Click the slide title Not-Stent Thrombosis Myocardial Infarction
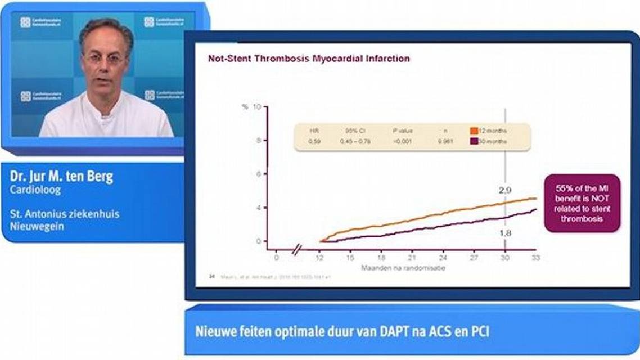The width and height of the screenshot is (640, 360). tap(309, 58)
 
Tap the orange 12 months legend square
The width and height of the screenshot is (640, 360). tap(474, 130)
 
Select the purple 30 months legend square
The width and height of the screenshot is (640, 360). tap(474, 141)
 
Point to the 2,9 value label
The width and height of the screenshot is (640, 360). tap(505, 191)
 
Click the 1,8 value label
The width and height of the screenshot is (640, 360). tap(505, 231)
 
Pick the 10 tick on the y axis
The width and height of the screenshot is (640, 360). tap(256, 106)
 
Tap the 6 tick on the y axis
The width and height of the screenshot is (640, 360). tap(258, 174)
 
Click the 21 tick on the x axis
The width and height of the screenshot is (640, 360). tap(412, 258)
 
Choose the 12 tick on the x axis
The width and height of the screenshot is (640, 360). tap(319, 258)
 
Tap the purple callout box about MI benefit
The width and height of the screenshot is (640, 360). tap(582, 203)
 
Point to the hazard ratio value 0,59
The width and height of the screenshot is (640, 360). tap(314, 141)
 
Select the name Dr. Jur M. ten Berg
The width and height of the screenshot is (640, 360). tap(61, 177)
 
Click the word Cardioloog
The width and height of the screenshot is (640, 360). tap(35, 190)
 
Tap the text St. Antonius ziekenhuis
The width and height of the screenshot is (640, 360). tap(65, 214)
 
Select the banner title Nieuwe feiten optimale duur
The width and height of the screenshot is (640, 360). tap(342, 331)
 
